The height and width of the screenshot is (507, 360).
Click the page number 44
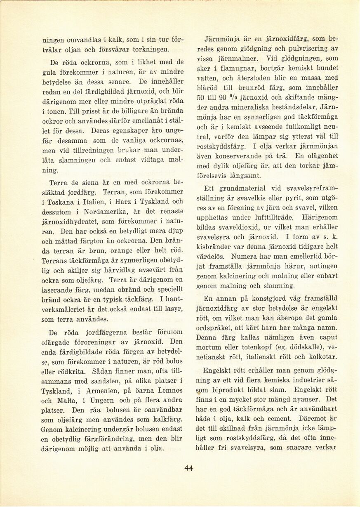click(189, 468)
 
